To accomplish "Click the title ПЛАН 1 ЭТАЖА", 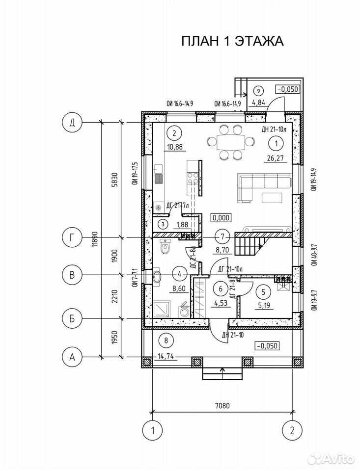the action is click(x=232, y=41).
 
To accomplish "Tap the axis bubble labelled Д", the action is click(x=72, y=123).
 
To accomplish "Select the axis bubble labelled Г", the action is click(x=72, y=237).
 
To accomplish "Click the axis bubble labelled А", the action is click(x=72, y=357).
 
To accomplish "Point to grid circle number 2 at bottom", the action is click(x=292, y=430).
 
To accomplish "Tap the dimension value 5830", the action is click(x=115, y=180).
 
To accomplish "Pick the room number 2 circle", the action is click(x=174, y=133).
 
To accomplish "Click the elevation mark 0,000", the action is click(x=221, y=217).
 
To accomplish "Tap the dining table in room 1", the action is click(x=231, y=141).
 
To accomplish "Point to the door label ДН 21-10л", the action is click(x=273, y=130).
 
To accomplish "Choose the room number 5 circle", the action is click(x=263, y=292).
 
